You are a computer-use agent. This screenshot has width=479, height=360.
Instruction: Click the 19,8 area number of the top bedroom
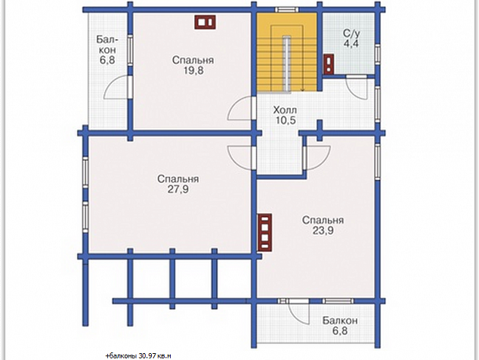coord(193,70)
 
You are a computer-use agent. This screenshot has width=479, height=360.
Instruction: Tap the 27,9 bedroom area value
coord(178,189)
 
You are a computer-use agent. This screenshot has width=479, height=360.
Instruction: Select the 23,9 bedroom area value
coord(323,231)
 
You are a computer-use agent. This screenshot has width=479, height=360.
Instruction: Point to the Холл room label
coord(285,110)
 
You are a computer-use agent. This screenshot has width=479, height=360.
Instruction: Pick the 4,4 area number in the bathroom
coord(351,43)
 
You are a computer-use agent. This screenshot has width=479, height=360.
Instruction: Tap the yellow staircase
coord(286,52)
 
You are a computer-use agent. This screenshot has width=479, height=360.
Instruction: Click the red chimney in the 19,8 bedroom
coord(205,23)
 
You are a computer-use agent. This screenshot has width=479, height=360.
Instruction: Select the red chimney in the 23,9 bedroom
coord(265,232)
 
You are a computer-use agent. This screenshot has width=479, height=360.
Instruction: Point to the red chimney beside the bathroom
coord(329,64)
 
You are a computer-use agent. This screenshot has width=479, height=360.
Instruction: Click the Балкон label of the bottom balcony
coord(340,321)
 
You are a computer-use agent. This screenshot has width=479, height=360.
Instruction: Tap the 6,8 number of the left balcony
coord(107,60)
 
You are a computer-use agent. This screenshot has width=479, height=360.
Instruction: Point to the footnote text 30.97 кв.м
coord(155,356)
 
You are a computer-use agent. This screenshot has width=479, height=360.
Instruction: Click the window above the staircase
coord(287,10)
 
